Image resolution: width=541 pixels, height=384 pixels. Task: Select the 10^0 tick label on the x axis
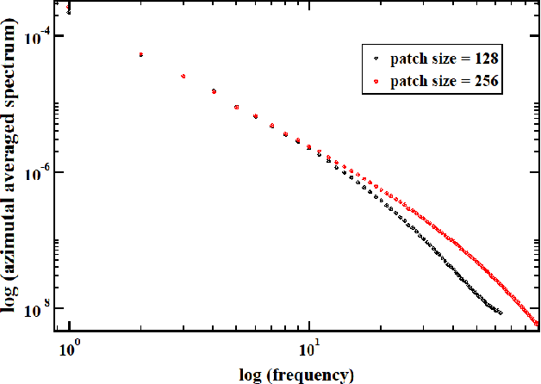pos(69,350)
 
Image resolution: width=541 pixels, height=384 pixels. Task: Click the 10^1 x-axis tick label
pos(308,350)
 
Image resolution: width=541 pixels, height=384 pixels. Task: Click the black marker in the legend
pos(376,59)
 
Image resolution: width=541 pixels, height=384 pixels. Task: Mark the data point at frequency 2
pos(140,54)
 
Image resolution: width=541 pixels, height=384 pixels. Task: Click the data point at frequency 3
pos(183,77)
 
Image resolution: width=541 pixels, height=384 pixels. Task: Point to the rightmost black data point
pos(500,312)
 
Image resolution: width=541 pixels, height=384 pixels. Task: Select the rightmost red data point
pos(538,325)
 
